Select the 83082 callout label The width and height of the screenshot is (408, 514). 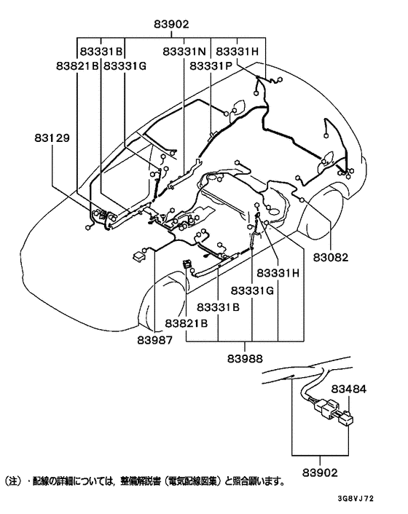pos(331,257)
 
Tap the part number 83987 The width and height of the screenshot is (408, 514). pos(156,338)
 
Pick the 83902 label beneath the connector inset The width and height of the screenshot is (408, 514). pos(321,472)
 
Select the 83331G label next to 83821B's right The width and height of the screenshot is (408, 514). pos(125,66)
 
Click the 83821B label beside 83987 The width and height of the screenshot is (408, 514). pos(187,323)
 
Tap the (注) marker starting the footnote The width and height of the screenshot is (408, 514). pos(14,482)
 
